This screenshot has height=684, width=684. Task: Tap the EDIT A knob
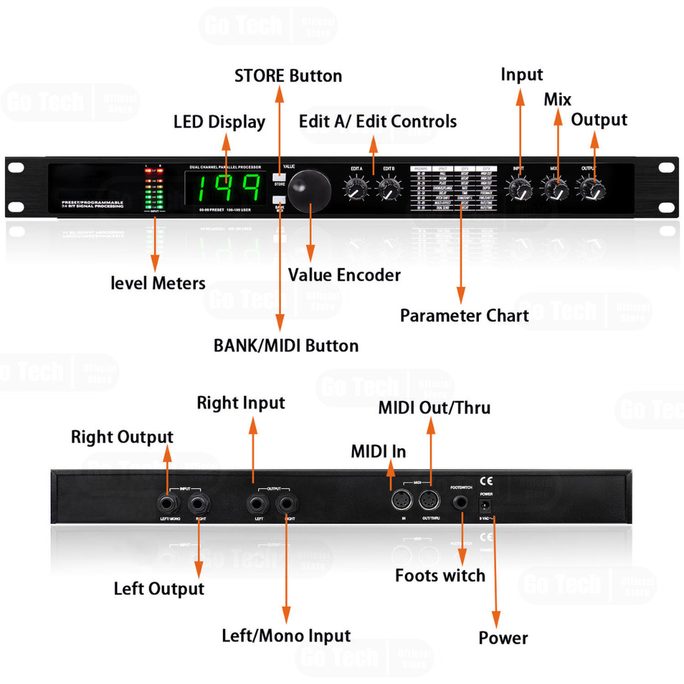click(356, 190)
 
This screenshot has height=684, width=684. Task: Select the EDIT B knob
click(389, 190)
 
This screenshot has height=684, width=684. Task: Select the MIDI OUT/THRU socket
click(429, 500)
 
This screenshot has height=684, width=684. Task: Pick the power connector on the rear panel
click(487, 505)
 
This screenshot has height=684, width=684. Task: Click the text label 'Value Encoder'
click(344, 275)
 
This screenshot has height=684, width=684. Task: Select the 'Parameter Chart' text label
click(464, 315)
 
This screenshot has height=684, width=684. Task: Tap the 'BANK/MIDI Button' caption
click(286, 345)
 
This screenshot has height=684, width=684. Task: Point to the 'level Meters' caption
click(158, 283)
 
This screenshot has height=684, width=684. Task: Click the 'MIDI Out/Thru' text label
click(434, 407)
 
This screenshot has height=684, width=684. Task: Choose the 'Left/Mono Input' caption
click(286, 635)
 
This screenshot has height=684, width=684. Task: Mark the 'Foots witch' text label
click(440, 575)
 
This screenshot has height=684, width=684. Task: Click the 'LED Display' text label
click(219, 122)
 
